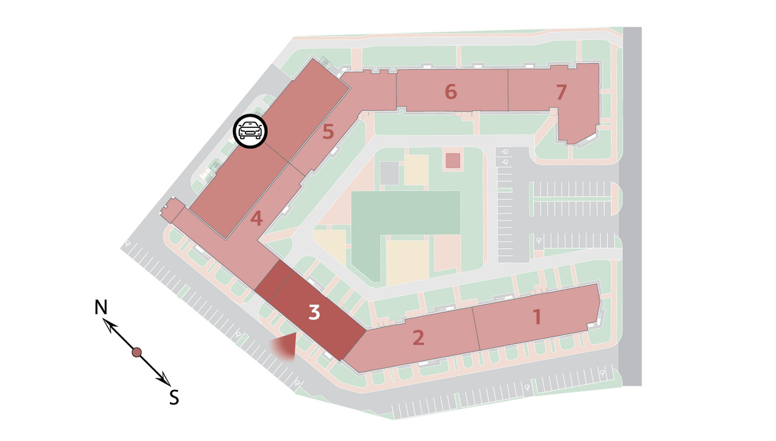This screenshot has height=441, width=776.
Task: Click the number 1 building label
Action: tap(537, 317)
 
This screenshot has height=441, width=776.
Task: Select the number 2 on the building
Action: tap(418, 337)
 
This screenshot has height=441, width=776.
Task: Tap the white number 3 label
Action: tap(314, 312)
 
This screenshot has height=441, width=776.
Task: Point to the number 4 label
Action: tap(256, 218)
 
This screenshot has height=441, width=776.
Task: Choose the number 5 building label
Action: tap(328, 132)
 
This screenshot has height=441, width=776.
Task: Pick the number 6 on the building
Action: tap(450, 92)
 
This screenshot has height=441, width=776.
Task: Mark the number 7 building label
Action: tap(561, 92)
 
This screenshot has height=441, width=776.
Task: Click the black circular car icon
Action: tap(250, 131)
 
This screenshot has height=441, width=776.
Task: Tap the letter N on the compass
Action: tap(101, 307)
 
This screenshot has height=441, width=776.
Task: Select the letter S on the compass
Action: tap(174, 397)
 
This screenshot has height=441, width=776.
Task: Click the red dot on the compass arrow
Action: tap(136, 352)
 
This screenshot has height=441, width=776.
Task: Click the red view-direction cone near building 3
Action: tap(286, 348)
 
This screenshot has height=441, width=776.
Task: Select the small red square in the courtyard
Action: tap(452, 161)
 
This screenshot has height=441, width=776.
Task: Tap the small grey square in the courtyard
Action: tap(389, 173)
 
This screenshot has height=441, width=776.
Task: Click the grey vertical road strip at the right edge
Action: tap(632, 206)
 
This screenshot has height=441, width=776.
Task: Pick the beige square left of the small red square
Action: tap(416, 170)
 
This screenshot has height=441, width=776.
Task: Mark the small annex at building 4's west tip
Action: tap(172, 210)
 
